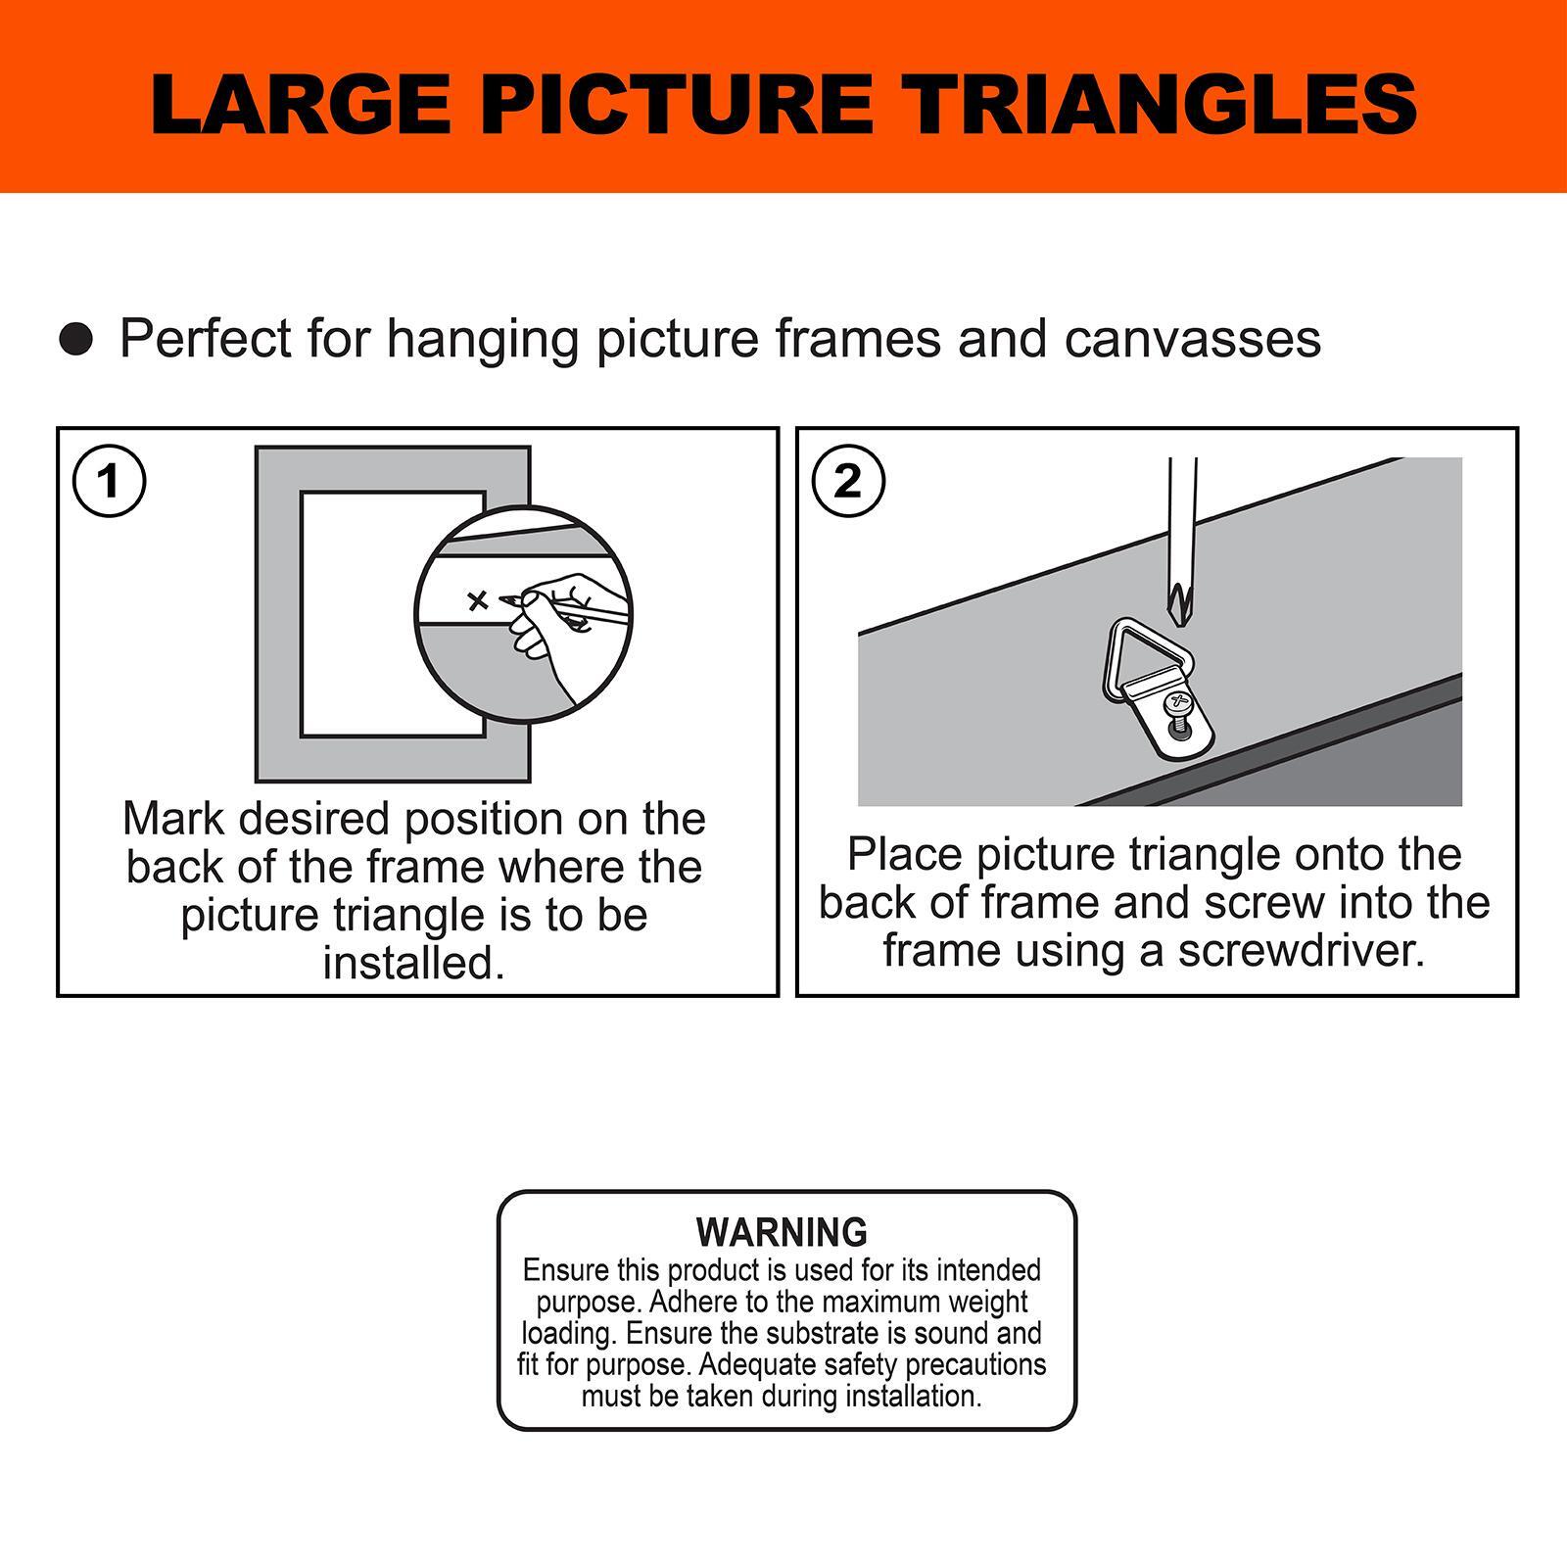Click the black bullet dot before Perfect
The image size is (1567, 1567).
pyautogui.click(x=75, y=339)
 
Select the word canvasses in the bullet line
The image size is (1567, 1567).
pyautogui.click(x=1193, y=339)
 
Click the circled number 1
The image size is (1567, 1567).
pyautogui.click(x=110, y=481)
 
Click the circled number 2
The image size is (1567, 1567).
pyautogui.click(x=848, y=481)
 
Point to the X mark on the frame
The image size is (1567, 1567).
pyautogui.click(x=478, y=600)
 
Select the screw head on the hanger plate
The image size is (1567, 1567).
pyautogui.click(x=1176, y=703)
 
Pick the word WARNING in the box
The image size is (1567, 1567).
pyautogui.click(x=782, y=1231)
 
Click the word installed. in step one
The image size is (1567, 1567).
pyautogui.click(x=413, y=963)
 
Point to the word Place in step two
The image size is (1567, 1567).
pyautogui.click(x=905, y=854)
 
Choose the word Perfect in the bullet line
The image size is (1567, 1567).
pyautogui.click(x=206, y=339)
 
